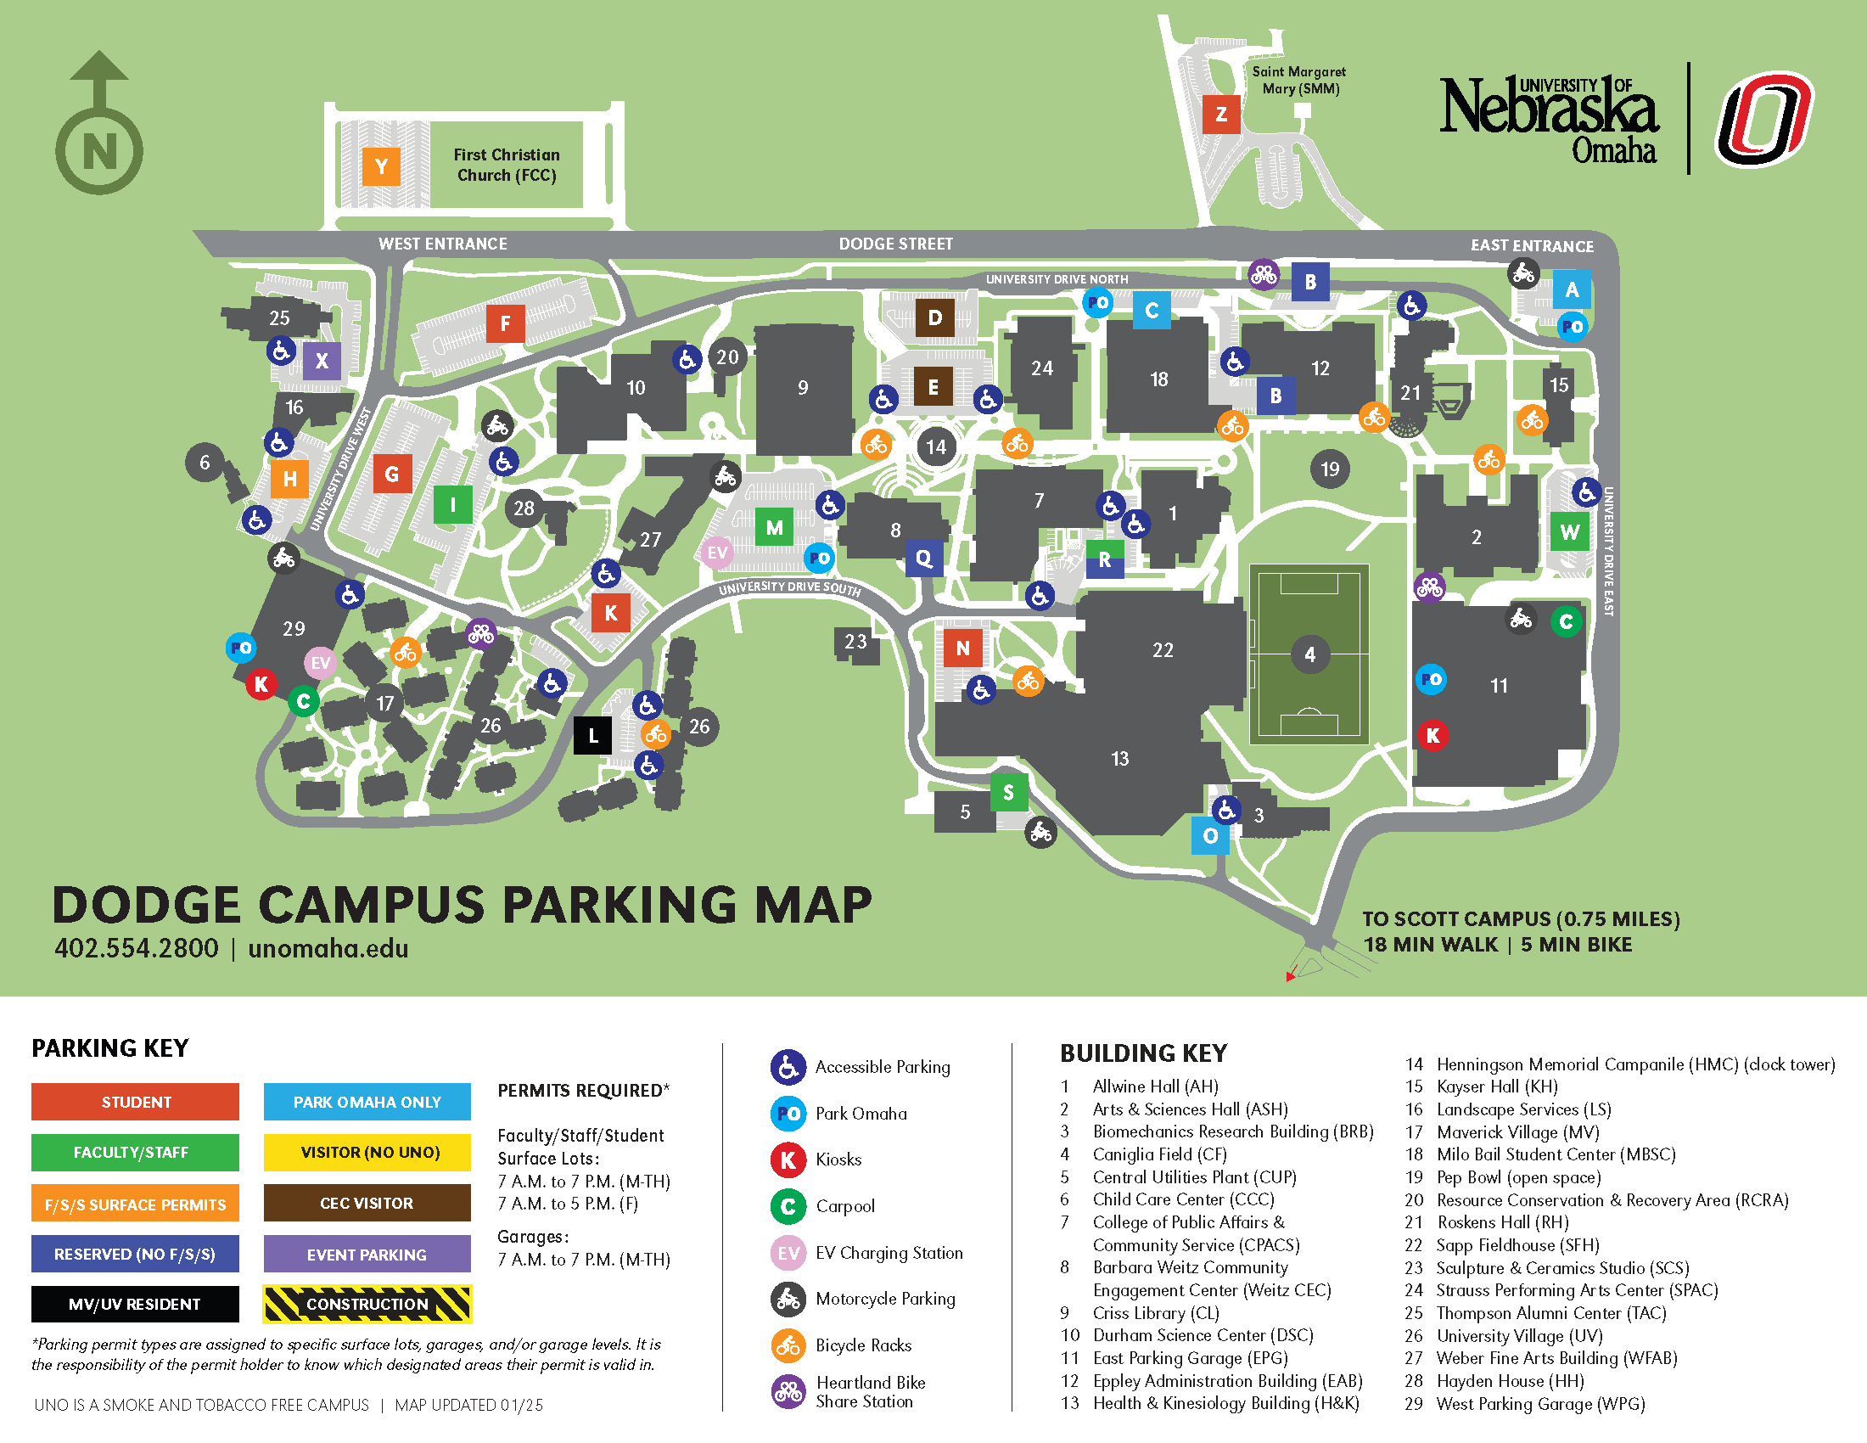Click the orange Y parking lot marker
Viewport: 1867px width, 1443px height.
[381, 166]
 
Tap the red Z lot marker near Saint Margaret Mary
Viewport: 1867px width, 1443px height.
[1220, 114]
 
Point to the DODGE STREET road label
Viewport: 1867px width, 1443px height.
[895, 244]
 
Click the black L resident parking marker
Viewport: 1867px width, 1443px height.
[593, 735]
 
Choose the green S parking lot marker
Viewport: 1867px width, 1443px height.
[1009, 793]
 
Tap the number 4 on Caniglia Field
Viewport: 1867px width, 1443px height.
[1309, 654]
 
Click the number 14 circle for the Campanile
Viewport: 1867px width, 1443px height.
[936, 446]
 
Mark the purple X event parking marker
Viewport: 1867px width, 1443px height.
[322, 361]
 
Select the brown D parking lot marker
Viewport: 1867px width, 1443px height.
[934, 318]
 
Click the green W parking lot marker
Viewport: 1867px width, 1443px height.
[1569, 531]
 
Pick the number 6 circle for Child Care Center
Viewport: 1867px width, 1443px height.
[205, 463]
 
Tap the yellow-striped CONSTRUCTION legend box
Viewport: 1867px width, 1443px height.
[367, 1304]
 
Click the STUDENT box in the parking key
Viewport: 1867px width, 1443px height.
[135, 1102]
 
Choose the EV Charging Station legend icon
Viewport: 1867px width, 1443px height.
[788, 1253]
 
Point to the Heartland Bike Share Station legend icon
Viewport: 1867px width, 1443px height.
[788, 1392]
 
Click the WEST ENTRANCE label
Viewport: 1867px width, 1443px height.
[443, 244]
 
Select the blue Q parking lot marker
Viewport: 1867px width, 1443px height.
[924, 559]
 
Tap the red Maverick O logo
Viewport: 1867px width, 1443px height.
[1764, 120]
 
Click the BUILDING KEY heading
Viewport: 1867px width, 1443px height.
[1143, 1053]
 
